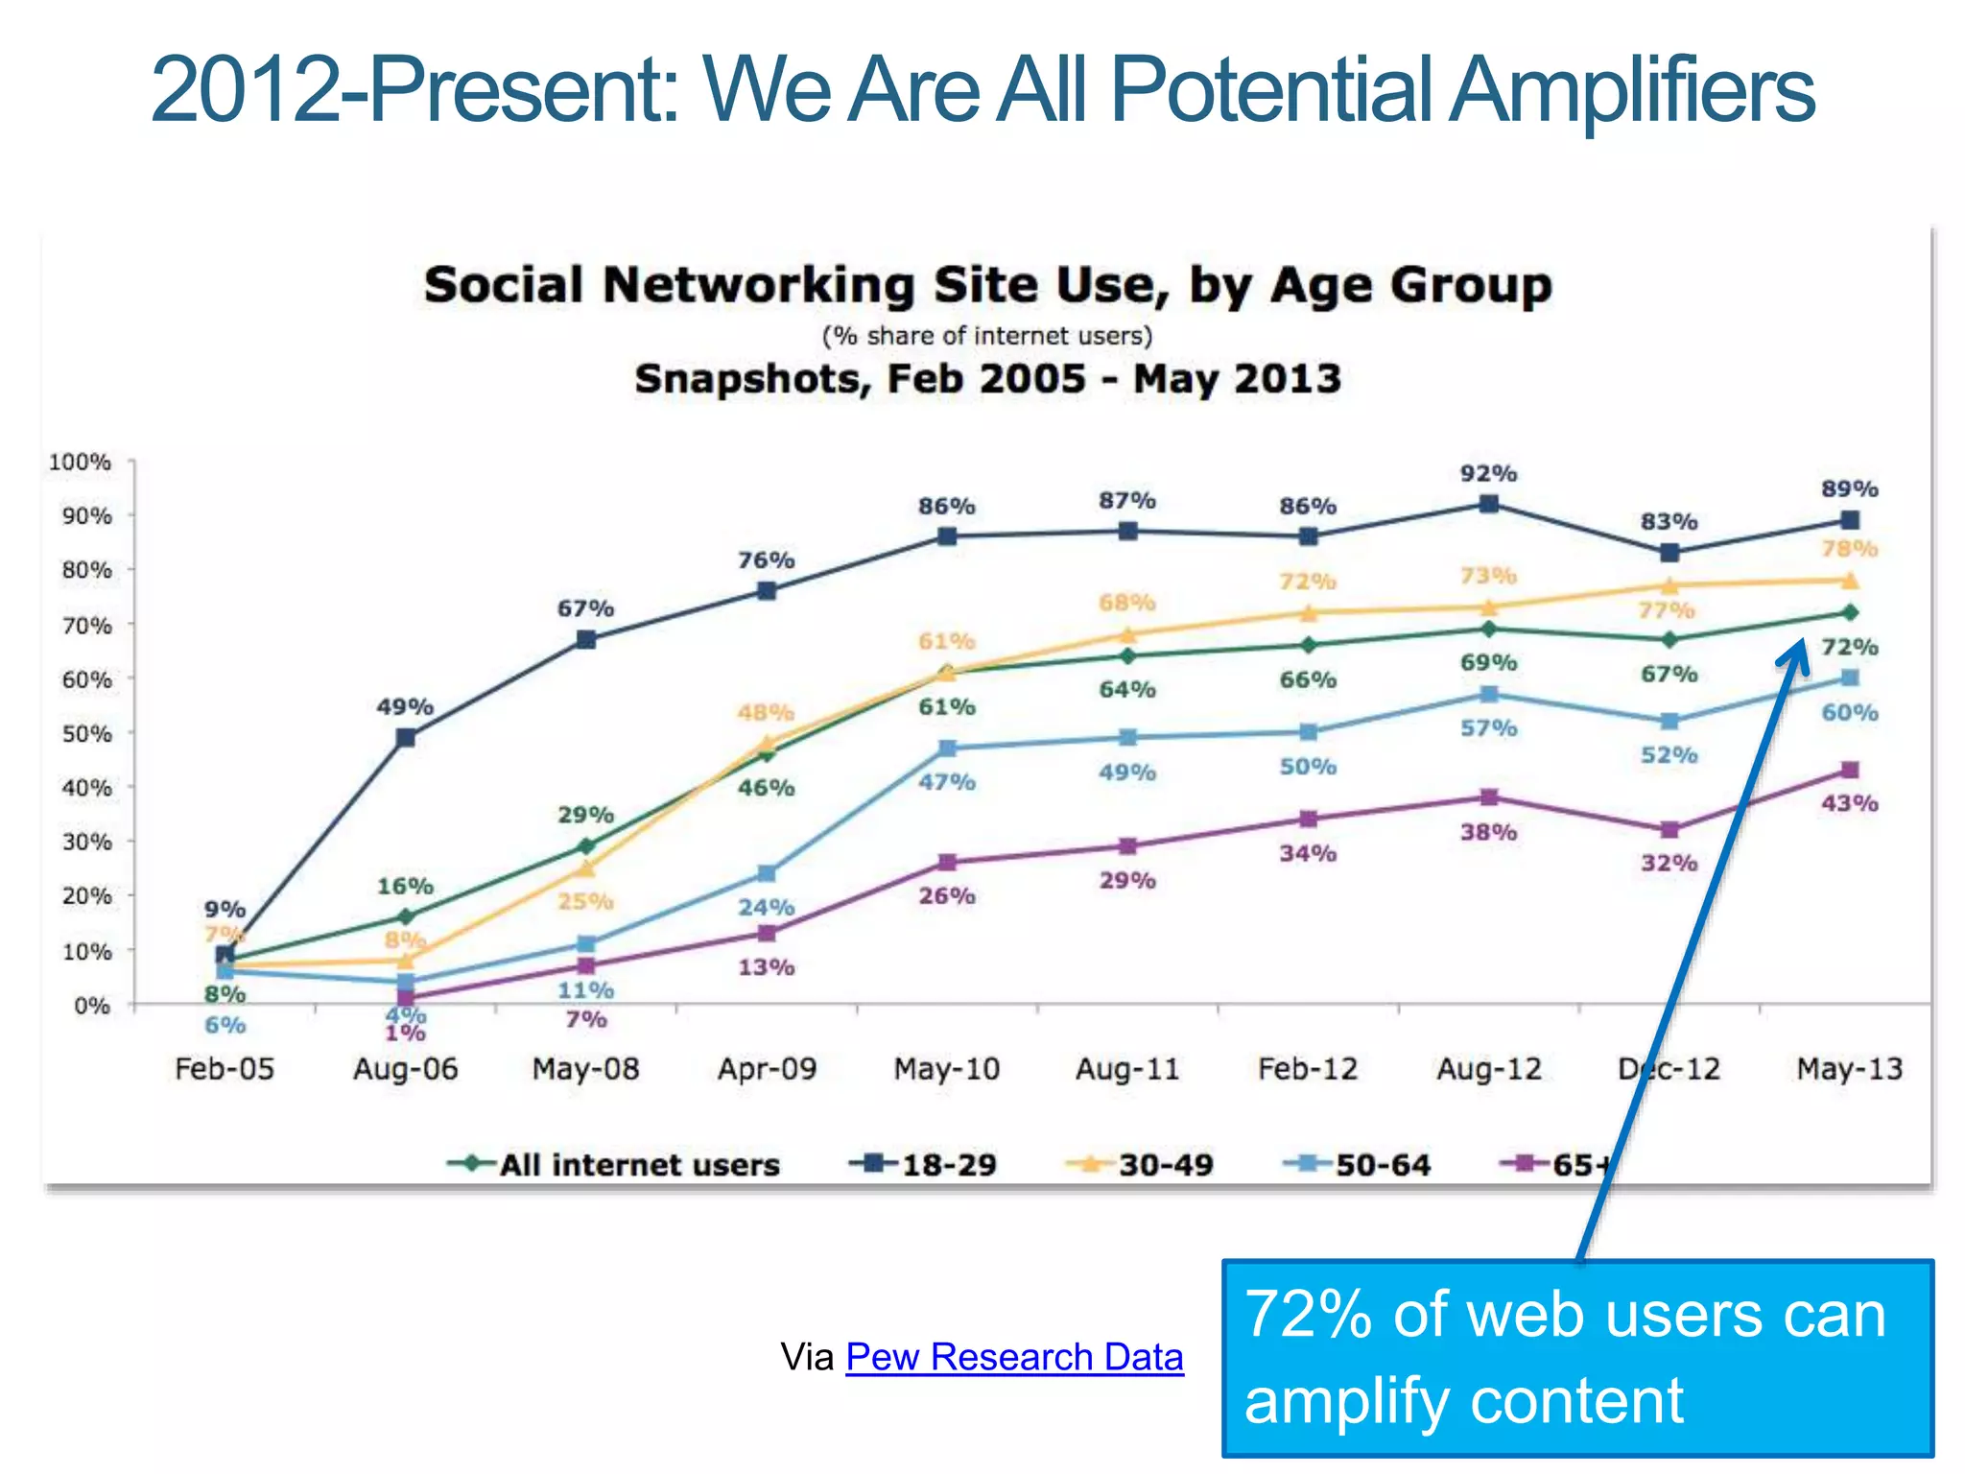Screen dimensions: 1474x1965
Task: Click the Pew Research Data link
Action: pos(1014,1357)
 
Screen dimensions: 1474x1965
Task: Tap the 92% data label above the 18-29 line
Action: pos(1488,473)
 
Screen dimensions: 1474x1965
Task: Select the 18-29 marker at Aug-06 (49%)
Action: pos(406,737)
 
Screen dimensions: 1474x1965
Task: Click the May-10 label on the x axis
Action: pos(946,1069)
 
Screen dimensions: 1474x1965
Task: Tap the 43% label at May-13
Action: pos(1849,803)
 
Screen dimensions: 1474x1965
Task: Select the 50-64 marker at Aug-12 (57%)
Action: pos(1489,694)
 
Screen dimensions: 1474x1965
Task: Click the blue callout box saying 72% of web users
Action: pos(1577,1358)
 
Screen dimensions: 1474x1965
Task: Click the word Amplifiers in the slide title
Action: pos(1631,90)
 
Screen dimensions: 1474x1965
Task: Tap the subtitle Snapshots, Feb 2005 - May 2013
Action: pos(987,378)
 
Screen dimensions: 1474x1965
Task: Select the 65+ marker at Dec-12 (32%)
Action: pos(1669,829)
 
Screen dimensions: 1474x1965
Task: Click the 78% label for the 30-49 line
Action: pos(1849,549)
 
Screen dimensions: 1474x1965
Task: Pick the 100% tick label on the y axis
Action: pos(81,462)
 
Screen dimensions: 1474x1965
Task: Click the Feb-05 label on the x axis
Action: pos(225,1069)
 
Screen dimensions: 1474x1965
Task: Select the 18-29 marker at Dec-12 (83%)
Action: pos(1669,553)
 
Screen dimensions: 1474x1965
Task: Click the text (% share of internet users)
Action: pos(987,336)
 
